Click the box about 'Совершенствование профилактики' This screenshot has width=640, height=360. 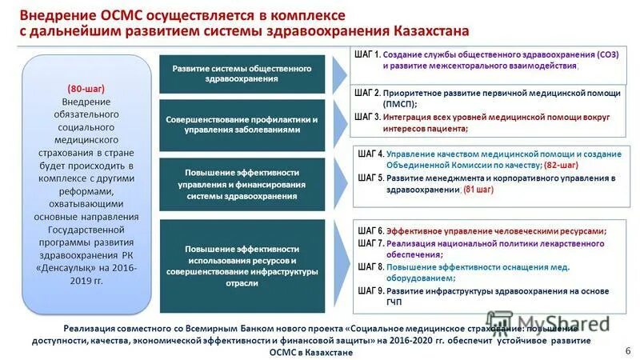pyautogui.click(x=242, y=124)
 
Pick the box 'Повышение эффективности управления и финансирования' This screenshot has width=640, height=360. pyautogui.click(x=242, y=184)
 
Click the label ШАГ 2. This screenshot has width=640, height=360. pyautogui.click(x=367, y=93)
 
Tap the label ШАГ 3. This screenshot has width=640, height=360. pyautogui.click(x=367, y=116)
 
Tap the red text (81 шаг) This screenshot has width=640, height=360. pyautogui.click(x=478, y=189)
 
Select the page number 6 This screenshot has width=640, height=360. pyautogui.click(x=626, y=350)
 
